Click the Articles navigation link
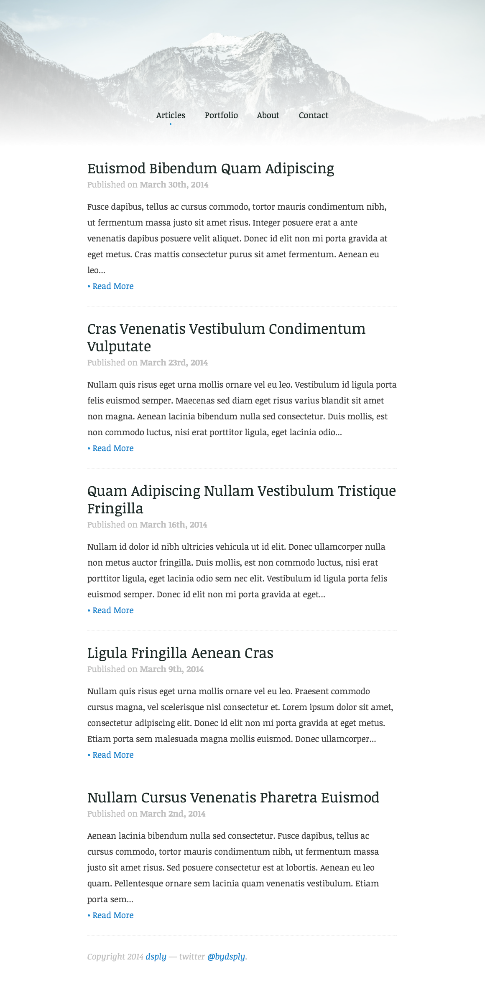(171, 115)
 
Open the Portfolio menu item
(221, 115)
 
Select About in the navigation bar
(268, 115)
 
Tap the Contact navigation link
(314, 115)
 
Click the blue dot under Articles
(171, 124)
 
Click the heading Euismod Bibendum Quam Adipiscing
(211, 168)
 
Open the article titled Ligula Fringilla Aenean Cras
(180, 653)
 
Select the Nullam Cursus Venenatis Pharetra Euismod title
(233, 797)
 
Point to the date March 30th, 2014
(174, 185)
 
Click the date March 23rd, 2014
(174, 363)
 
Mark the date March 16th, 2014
(173, 525)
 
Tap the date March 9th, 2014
(171, 669)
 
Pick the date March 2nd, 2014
(172, 814)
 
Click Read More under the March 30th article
(113, 286)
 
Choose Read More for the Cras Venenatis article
(113, 448)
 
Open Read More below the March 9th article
(113, 755)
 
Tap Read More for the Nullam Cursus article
(113, 915)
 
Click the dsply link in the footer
(156, 957)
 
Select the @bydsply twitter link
(226, 957)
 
